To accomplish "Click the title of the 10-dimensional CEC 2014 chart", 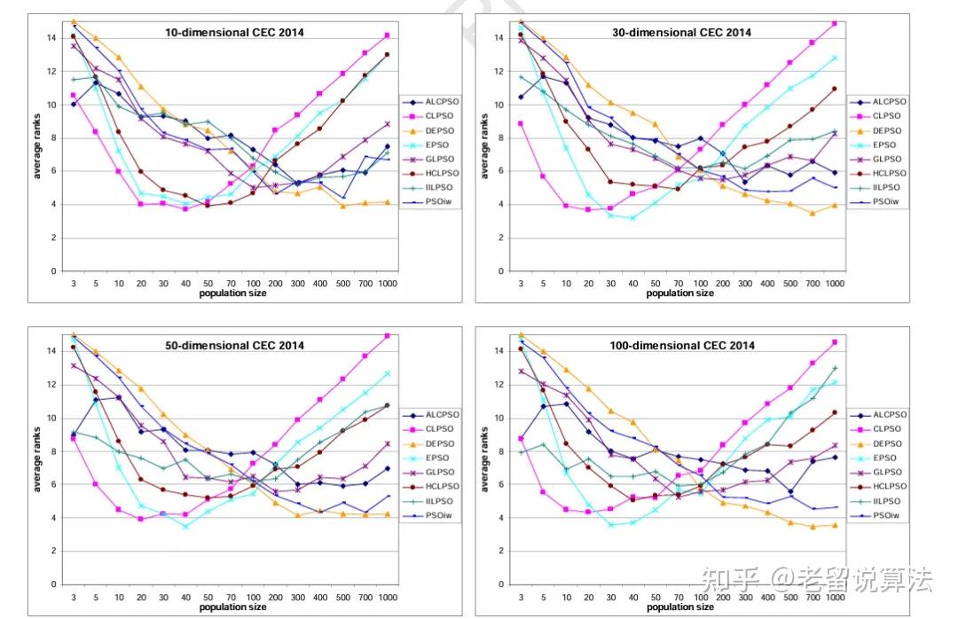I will point(234,33).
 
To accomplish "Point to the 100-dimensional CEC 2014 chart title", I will point(683,346).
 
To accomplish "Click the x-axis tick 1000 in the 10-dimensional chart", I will point(387,283).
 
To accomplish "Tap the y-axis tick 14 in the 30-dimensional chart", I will point(499,38).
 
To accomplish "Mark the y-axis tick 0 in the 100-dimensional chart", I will point(501,584).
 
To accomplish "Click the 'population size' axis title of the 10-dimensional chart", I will point(233,293).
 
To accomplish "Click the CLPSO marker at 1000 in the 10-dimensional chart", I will point(387,35).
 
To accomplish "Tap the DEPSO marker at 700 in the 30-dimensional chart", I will point(812,213).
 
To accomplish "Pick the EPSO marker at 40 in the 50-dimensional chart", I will point(185,526).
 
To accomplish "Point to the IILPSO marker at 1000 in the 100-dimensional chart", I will point(835,368).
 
